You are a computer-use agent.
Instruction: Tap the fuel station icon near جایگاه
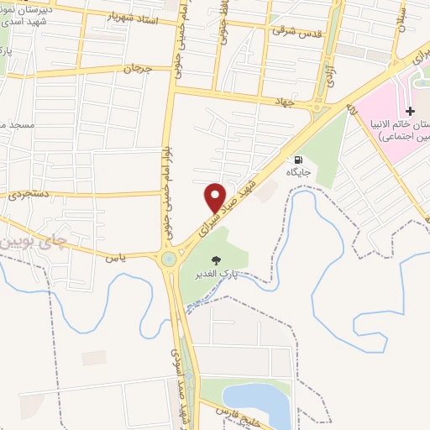point(298,160)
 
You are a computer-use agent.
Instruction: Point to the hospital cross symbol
point(410,111)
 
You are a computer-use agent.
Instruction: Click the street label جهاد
point(281,101)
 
